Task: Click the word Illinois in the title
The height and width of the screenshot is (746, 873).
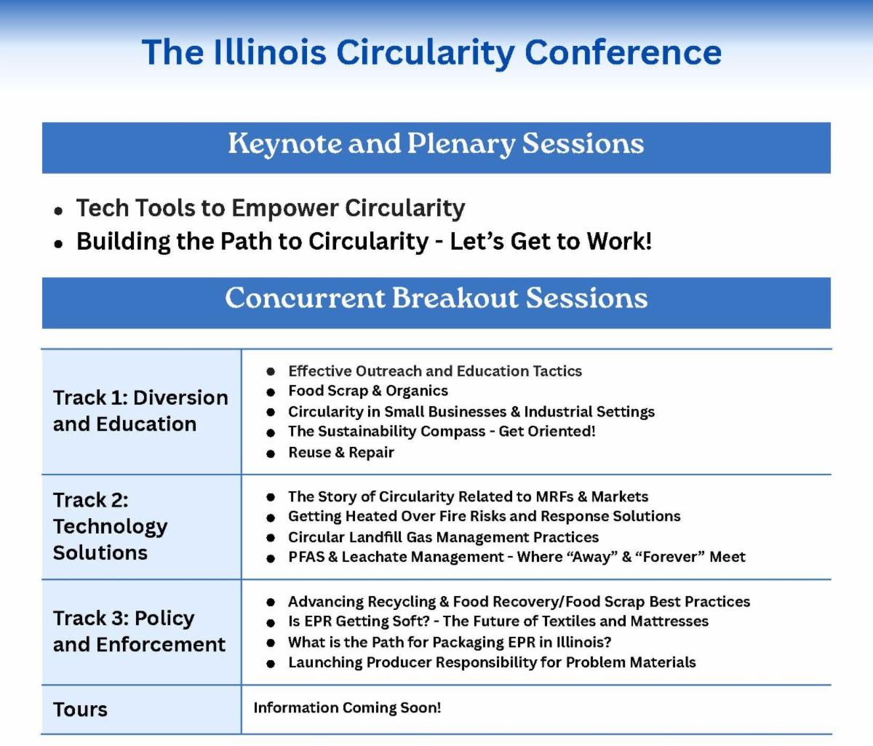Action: click(x=270, y=52)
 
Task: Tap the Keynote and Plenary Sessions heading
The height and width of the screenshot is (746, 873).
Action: click(x=436, y=143)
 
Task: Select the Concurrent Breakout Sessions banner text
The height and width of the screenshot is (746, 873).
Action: click(x=436, y=298)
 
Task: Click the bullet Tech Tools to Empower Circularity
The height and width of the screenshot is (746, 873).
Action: click(x=271, y=208)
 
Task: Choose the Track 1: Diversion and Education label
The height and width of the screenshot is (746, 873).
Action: click(x=140, y=410)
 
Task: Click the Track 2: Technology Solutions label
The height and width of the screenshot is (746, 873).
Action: click(x=111, y=526)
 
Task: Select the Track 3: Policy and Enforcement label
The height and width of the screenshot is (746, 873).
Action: click(x=139, y=631)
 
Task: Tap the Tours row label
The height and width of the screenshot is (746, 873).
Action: click(x=80, y=710)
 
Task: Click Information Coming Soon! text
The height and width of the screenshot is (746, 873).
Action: click(x=347, y=707)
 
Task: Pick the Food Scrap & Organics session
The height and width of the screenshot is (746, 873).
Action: click(x=368, y=391)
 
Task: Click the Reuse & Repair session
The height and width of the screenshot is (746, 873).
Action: click(x=341, y=453)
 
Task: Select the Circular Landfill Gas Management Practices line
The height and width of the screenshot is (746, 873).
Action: click(x=444, y=537)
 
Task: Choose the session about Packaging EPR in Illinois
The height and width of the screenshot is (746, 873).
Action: click(x=450, y=642)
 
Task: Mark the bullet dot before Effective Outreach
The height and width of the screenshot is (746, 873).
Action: click(x=271, y=372)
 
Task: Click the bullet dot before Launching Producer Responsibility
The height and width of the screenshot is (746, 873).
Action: click(x=271, y=664)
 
